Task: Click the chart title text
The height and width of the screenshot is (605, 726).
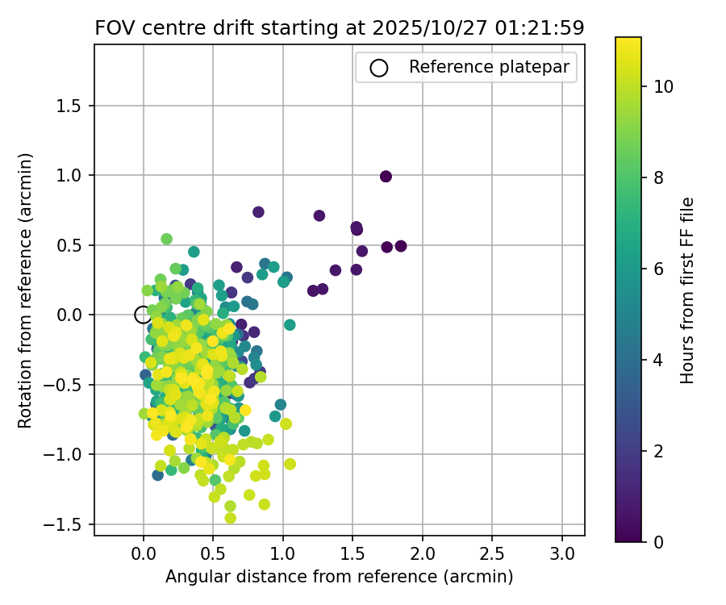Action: [x=339, y=27]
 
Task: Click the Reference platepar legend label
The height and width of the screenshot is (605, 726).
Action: [x=493, y=67]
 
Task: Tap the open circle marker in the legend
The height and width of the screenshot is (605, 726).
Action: [x=378, y=68]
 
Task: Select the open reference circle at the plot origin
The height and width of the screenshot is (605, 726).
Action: [x=143, y=315]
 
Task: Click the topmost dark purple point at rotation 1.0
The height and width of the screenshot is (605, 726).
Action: [x=386, y=177]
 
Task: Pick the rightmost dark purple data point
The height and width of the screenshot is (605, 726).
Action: [x=400, y=246]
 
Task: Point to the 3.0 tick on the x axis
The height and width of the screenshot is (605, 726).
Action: [x=562, y=554]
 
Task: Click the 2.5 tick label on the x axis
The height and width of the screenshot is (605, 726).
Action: [x=492, y=554]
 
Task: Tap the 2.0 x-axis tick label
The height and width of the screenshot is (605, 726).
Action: [x=423, y=554]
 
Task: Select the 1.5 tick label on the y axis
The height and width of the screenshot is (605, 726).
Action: [x=75, y=106]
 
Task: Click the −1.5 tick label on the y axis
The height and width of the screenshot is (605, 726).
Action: [x=71, y=524]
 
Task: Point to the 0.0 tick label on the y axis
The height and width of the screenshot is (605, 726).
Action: [x=75, y=315]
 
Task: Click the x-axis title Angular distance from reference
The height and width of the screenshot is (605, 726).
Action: [x=339, y=577]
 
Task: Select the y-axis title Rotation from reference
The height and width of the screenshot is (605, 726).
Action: [x=25, y=289]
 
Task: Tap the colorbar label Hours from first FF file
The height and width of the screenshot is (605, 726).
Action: [x=687, y=290]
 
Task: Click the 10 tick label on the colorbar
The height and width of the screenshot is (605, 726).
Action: [x=664, y=86]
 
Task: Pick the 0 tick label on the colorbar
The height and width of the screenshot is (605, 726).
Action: [x=658, y=541]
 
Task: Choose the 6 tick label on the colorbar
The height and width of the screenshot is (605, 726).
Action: [x=658, y=269]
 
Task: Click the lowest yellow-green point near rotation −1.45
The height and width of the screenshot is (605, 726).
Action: [x=231, y=518]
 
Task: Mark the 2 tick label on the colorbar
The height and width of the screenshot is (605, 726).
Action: [x=658, y=450]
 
